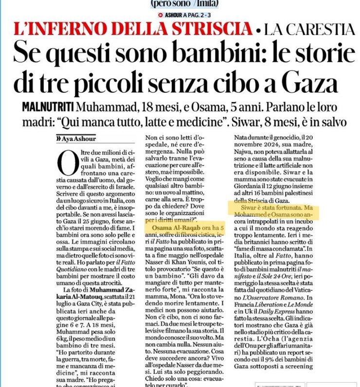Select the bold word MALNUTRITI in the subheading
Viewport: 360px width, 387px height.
[49, 106]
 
